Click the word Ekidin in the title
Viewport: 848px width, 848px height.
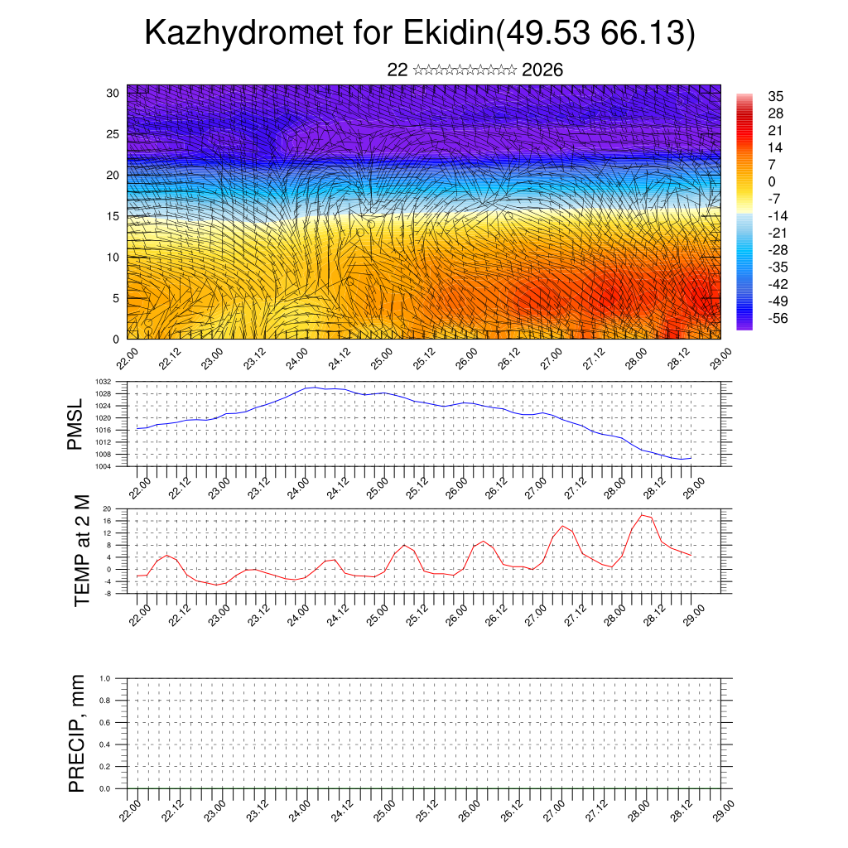point(448,34)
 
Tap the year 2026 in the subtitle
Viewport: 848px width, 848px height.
point(542,70)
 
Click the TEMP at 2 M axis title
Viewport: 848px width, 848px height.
point(81,552)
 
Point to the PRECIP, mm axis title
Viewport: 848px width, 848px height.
point(77,733)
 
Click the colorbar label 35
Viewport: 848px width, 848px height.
point(776,96)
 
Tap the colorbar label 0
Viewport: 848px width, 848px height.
point(773,181)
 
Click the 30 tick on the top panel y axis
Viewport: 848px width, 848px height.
point(113,93)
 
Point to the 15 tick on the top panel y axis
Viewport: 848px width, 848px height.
point(113,216)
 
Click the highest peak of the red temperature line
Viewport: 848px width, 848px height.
point(642,515)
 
